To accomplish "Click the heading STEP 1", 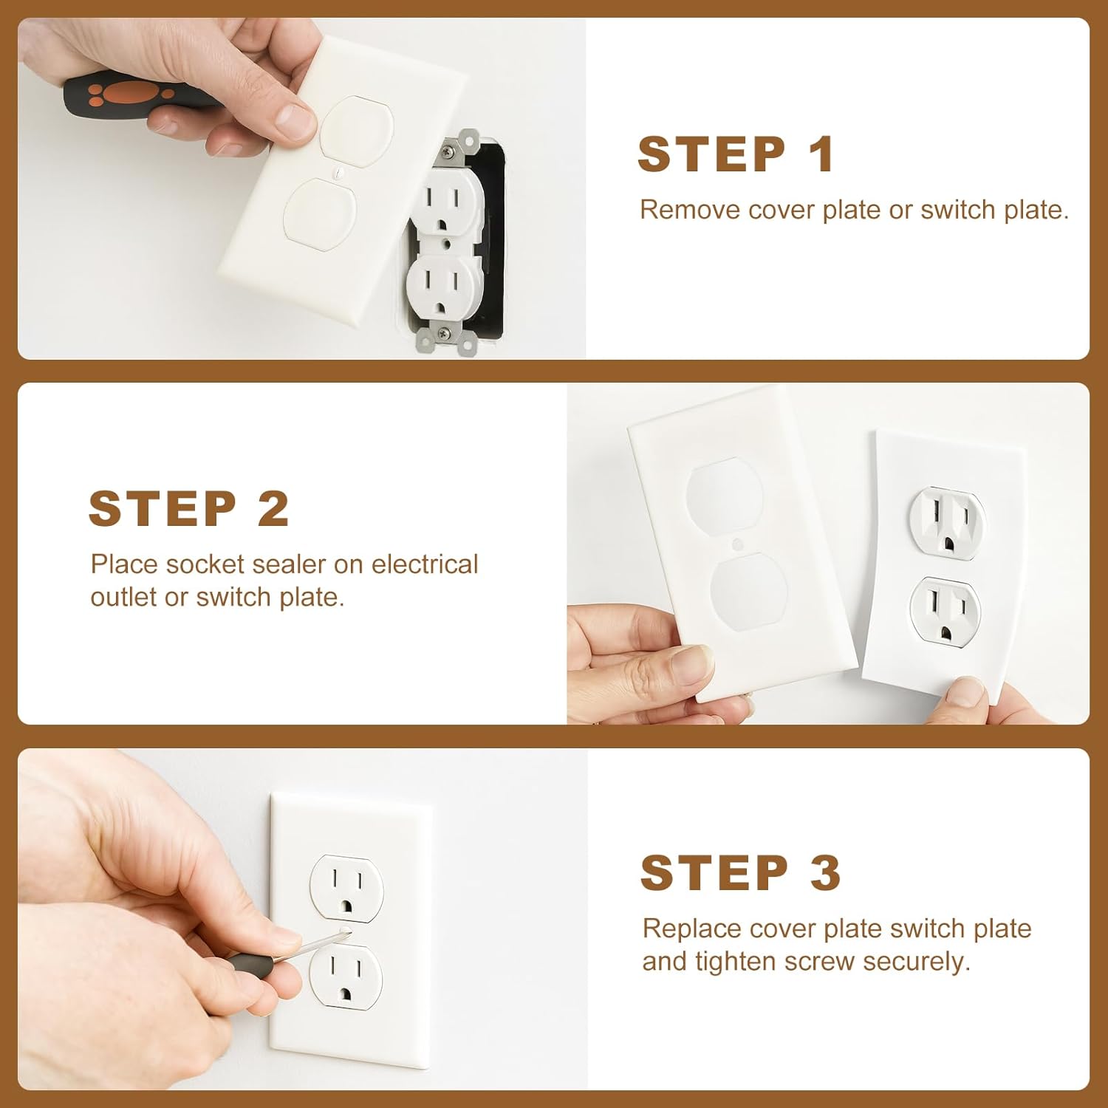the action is pyautogui.click(x=736, y=154).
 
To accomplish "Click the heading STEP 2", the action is pyautogui.click(x=188, y=509).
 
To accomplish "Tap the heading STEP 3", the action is pyautogui.click(x=741, y=873).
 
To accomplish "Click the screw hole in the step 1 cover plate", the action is pyautogui.click(x=338, y=175).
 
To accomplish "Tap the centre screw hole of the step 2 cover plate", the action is pyautogui.click(x=736, y=545).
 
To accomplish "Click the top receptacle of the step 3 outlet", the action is pyautogui.click(x=346, y=888).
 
